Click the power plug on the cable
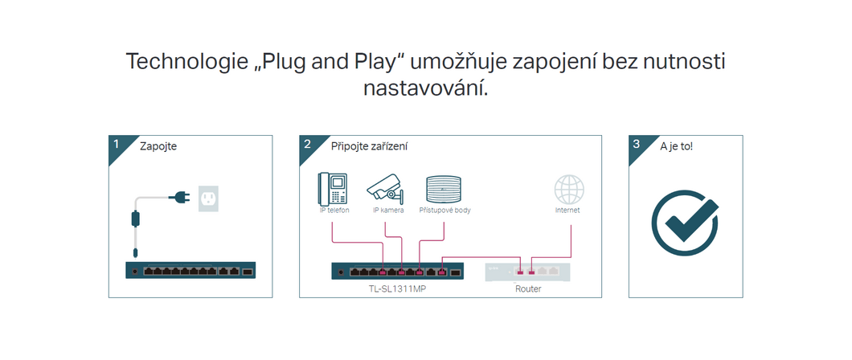pyautogui.click(x=179, y=196)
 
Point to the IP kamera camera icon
pyautogui.click(x=387, y=186)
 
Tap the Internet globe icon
pyautogui.click(x=568, y=190)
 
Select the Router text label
pyautogui.click(x=528, y=288)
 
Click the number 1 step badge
pyautogui.click(x=117, y=145)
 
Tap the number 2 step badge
pyautogui.click(x=308, y=145)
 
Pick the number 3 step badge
pyautogui.click(x=637, y=145)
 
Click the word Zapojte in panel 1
pyautogui.click(x=158, y=147)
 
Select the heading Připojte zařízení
pyautogui.click(x=369, y=147)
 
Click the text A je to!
pyautogui.click(x=676, y=147)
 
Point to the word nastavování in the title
pyautogui.click(x=426, y=88)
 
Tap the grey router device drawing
pyautogui.click(x=528, y=272)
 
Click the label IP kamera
pyautogui.click(x=388, y=211)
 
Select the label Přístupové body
pyautogui.click(x=445, y=211)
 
